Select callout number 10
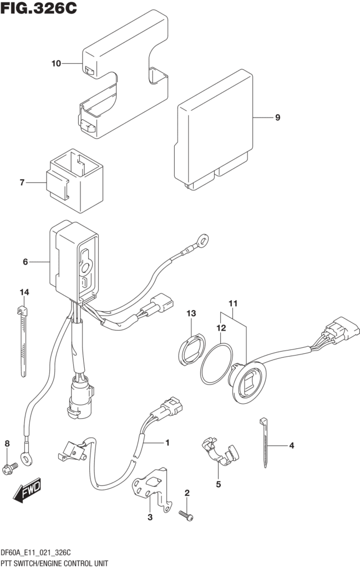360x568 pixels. (56, 64)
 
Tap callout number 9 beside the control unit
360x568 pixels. (277, 118)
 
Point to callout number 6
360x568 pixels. (25, 261)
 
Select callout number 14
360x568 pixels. (24, 292)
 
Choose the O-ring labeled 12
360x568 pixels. (216, 363)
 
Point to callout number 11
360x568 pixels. (232, 303)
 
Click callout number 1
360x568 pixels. (166, 443)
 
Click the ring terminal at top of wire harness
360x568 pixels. (204, 241)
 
